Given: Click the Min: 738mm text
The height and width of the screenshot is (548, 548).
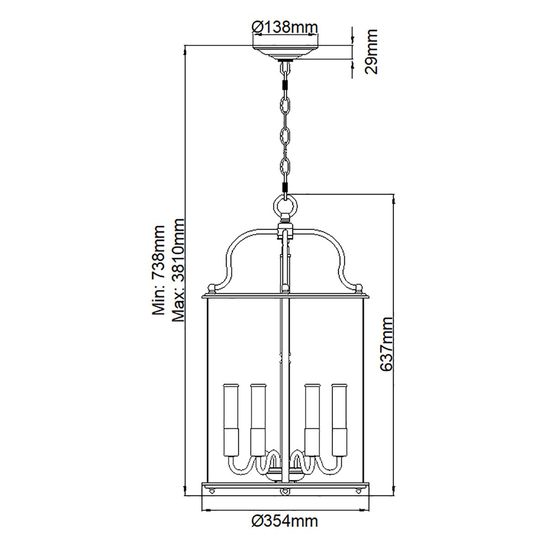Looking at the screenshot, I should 158,270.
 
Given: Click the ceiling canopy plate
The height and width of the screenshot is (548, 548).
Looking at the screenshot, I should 285,51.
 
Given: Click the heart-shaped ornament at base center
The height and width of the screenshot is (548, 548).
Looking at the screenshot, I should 285,492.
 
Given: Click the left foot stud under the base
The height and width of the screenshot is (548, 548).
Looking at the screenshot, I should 212,491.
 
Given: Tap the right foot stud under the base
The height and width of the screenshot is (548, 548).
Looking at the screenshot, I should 358,491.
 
